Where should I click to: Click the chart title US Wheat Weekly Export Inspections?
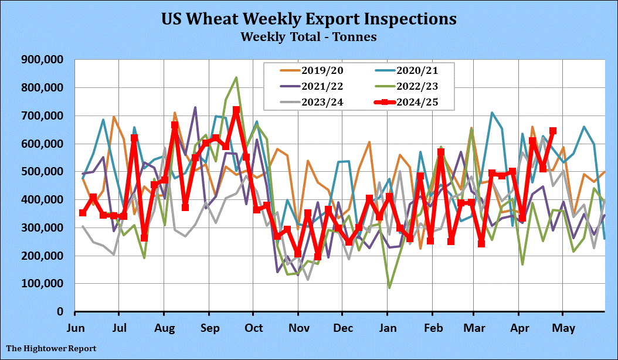(308, 19)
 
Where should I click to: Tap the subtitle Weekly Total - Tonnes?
(308, 36)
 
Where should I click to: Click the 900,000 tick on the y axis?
(43, 59)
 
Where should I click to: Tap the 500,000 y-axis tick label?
(43, 171)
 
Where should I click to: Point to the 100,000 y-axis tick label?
(43, 283)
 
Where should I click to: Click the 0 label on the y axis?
(60, 311)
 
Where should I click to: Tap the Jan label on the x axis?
(387, 326)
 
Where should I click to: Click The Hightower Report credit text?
(52, 349)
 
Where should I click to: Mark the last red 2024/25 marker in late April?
(552, 131)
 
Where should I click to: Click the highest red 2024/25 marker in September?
(236, 110)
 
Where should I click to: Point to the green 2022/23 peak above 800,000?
(236, 77)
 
